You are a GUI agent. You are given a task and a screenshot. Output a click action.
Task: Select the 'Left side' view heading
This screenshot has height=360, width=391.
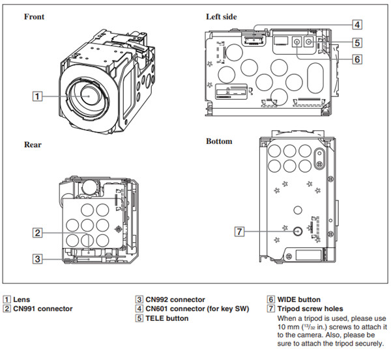tap(222, 16)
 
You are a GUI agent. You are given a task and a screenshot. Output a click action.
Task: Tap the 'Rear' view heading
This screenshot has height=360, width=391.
tap(33, 145)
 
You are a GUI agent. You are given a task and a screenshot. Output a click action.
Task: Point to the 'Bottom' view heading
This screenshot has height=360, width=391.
tap(219, 141)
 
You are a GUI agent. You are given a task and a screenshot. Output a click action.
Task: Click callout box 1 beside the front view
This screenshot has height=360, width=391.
tap(38, 96)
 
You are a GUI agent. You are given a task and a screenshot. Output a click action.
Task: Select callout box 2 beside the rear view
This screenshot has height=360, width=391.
tap(38, 232)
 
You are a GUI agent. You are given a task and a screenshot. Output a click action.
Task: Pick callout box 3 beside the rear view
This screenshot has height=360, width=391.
tap(38, 258)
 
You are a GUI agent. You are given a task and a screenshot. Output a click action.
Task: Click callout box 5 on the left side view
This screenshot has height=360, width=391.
tap(358, 42)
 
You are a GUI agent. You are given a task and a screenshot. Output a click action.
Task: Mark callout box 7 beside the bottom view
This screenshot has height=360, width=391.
tap(240, 230)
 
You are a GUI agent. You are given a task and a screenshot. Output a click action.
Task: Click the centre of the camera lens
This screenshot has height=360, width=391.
tap(87, 95)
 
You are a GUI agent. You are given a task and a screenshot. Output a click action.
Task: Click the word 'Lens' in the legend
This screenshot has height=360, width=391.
tap(22, 299)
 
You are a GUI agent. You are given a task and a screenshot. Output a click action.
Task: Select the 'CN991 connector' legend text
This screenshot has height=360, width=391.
tap(42, 309)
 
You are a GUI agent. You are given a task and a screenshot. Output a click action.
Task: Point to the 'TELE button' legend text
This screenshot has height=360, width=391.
tap(167, 318)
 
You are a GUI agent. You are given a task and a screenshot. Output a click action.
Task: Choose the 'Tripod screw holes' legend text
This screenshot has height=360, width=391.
tap(310, 309)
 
